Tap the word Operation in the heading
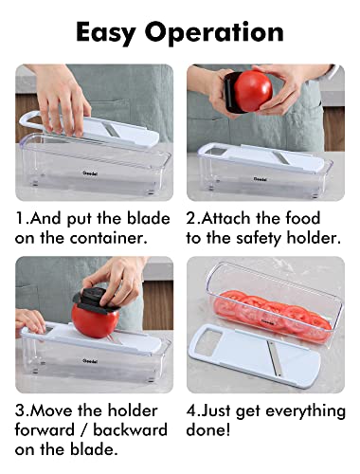[x=223, y=31]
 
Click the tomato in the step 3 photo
[x=95, y=320]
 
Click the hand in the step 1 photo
[x=63, y=95]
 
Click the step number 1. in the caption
[x=21, y=218]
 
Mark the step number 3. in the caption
[x=21, y=410]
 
